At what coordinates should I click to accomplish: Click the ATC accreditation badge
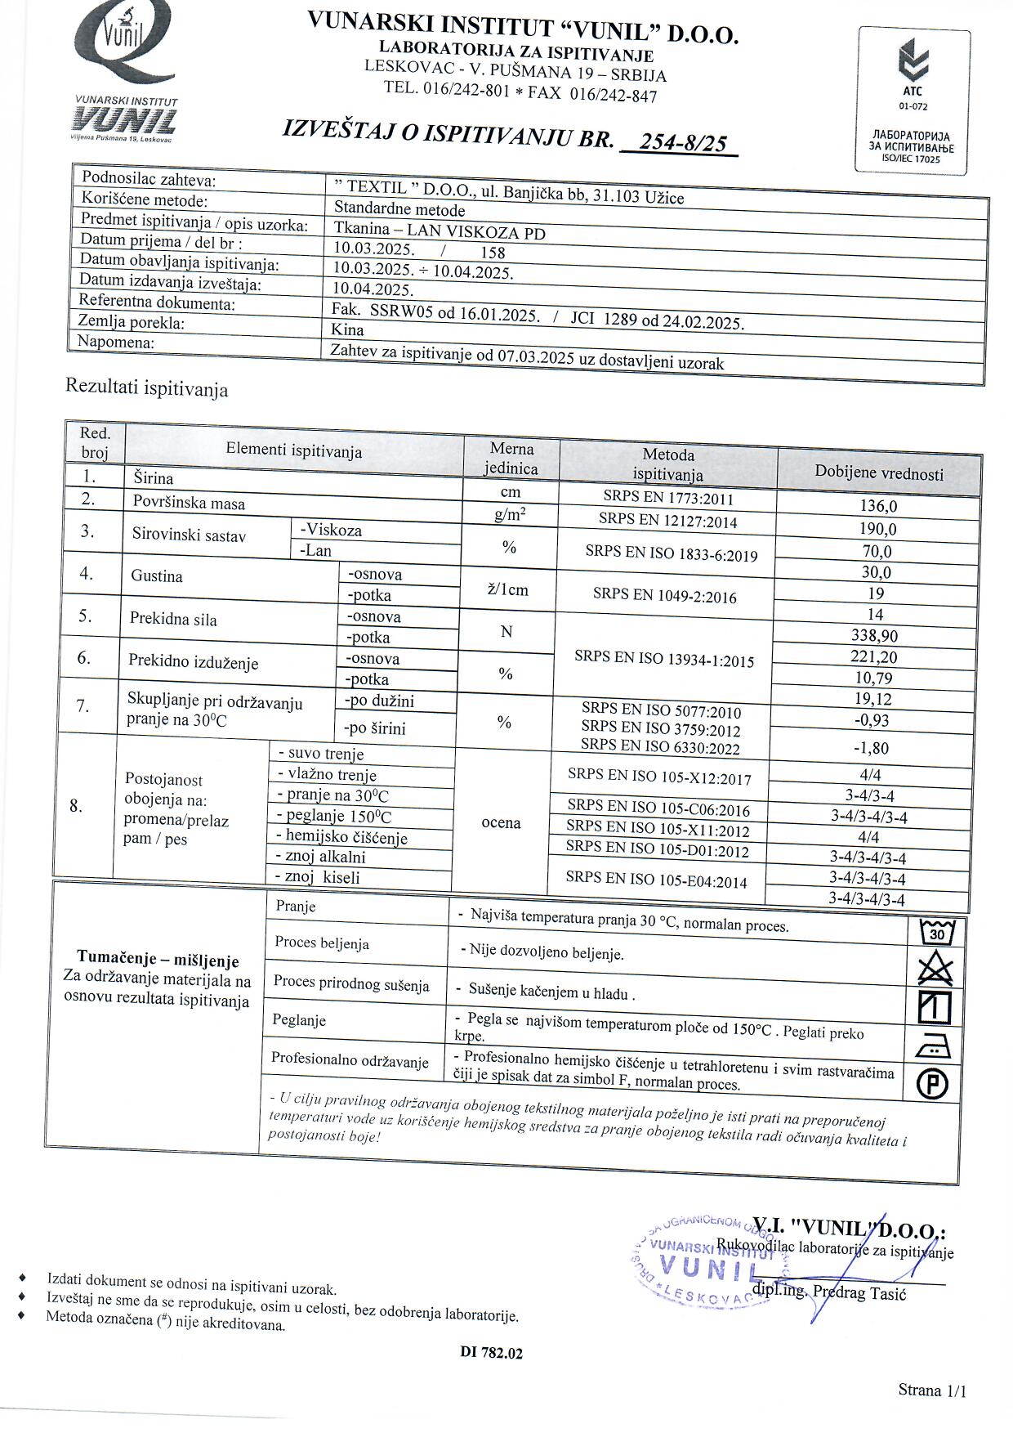[x=913, y=100]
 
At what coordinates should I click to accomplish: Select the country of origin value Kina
[x=348, y=329]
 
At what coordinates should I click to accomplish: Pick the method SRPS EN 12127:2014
[x=667, y=520]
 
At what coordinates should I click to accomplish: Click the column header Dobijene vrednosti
[x=878, y=473]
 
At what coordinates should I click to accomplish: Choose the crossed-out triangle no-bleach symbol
[x=935, y=970]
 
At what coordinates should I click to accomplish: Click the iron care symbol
[x=934, y=1047]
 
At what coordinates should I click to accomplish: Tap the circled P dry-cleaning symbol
[x=932, y=1085]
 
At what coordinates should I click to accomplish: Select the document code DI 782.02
[x=491, y=1352]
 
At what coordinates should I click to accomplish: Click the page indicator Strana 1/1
[x=932, y=1390]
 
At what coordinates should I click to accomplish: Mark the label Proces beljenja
[x=322, y=943]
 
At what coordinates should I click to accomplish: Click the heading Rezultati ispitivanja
[x=147, y=388]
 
